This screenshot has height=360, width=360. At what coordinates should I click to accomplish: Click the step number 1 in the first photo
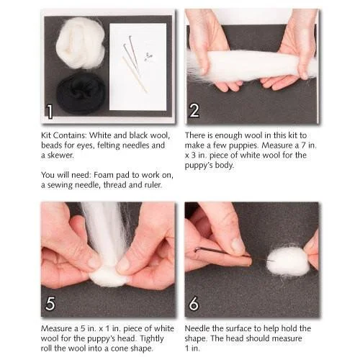tap(49, 111)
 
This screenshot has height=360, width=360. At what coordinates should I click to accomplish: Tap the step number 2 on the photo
tap(194, 111)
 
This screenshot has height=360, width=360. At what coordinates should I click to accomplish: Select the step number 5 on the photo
tap(50, 304)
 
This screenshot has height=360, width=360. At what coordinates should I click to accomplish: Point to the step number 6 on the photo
tap(194, 304)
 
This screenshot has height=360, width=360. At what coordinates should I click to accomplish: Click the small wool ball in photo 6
tap(287, 261)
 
